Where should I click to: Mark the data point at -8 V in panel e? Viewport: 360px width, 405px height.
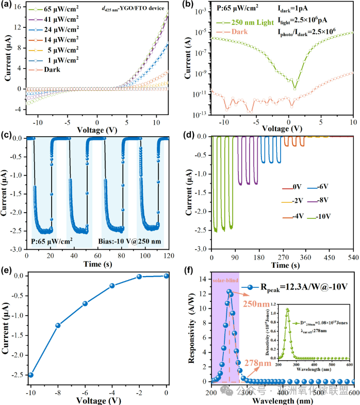point(58,325)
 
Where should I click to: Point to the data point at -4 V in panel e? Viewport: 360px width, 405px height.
point(112,285)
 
